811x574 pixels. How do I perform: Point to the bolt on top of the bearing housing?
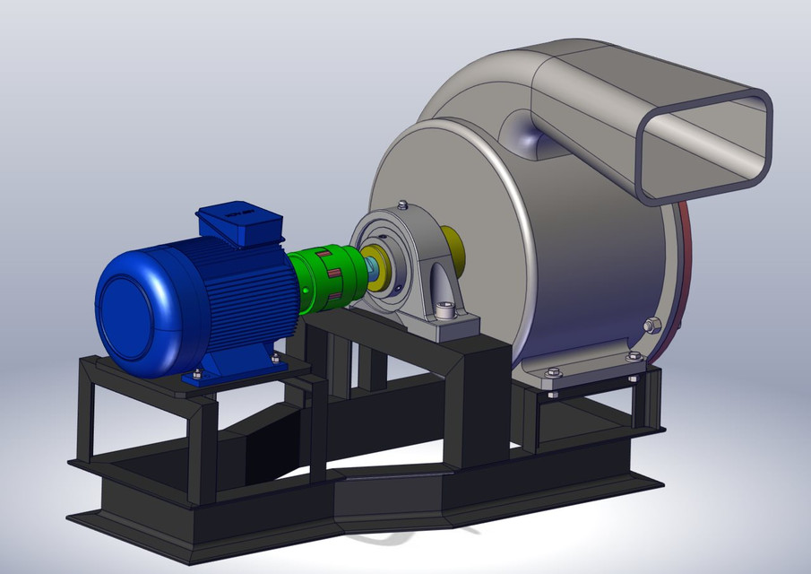coord(402,204)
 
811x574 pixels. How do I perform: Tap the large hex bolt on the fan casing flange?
coord(651,325)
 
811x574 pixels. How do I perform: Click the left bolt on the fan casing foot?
coord(553,371)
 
